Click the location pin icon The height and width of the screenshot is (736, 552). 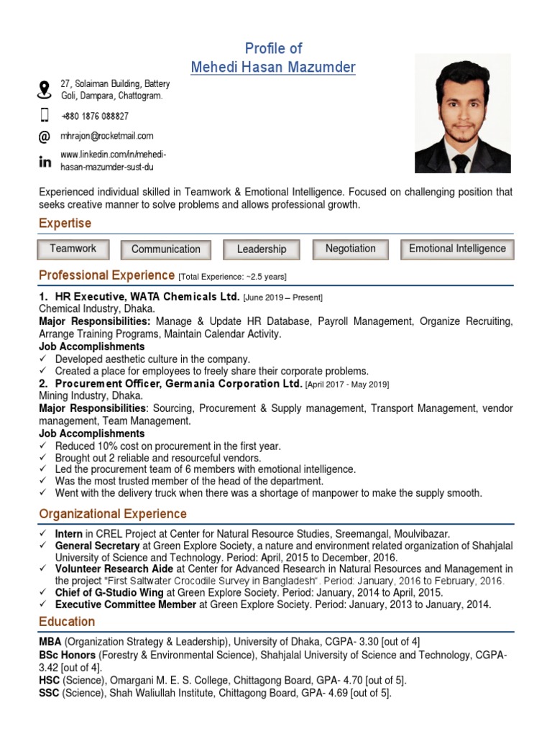pyautogui.click(x=45, y=90)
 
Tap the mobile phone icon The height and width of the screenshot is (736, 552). pyautogui.click(x=45, y=116)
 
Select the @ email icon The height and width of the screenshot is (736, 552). pyautogui.click(x=45, y=137)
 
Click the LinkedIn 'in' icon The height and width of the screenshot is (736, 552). pyautogui.click(x=45, y=162)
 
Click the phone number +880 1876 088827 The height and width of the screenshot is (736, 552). pyautogui.click(x=94, y=116)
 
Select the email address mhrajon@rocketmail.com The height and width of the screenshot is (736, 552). pyautogui.click(x=106, y=136)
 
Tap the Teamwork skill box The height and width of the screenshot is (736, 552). pyautogui.click(x=73, y=249)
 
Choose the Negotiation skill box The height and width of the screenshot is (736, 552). pyautogui.click(x=350, y=249)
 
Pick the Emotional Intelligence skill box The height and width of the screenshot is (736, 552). pyautogui.click(x=457, y=249)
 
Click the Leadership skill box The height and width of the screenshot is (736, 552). pyautogui.click(x=261, y=249)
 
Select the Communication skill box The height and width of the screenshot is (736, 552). pyautogui.click(x=165, y=249)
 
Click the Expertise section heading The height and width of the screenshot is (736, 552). pyautogui.click(x=65, y=224)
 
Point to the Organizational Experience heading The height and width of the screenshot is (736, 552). pyautogui.click(x=113, y=514)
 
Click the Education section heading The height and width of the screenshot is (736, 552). pyautogui.click(x=67, y=622)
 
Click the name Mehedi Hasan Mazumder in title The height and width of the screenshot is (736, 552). pyautogui.click(x=273, y=68)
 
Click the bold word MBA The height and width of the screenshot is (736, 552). pyautogui.click(x=50, y=641)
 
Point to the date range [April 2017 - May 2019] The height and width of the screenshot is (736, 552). pyautogui.click(x=347, y=385)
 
